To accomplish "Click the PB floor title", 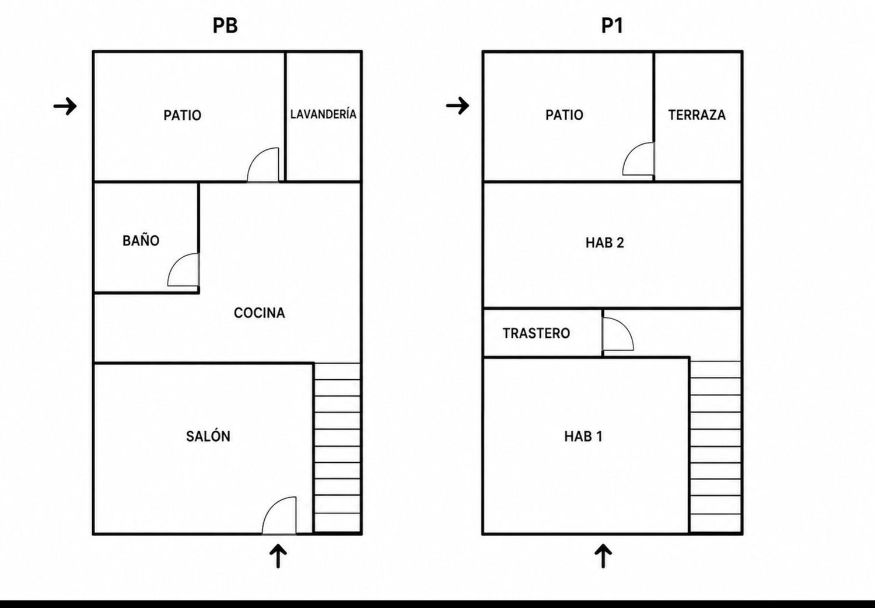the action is point(225,26).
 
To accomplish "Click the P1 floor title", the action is point(612,26).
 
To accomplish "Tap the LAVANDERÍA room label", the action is point(323,114).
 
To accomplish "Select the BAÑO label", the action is point(141,240).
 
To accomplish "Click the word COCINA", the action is point(260,313).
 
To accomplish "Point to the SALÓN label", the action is point(208,436).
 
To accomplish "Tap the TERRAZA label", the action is point(697,115).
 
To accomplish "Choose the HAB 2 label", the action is point(605,243).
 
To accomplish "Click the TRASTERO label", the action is point(536,333).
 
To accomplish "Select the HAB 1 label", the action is point(583,436).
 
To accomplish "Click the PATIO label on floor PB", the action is point(183,116).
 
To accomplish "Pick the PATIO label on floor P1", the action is point(565,115).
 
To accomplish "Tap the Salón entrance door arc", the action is point(269,507).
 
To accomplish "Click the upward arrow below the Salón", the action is point(278,556).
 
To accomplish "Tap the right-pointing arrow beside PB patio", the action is point(65,106).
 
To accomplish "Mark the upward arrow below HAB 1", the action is point(603,556).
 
